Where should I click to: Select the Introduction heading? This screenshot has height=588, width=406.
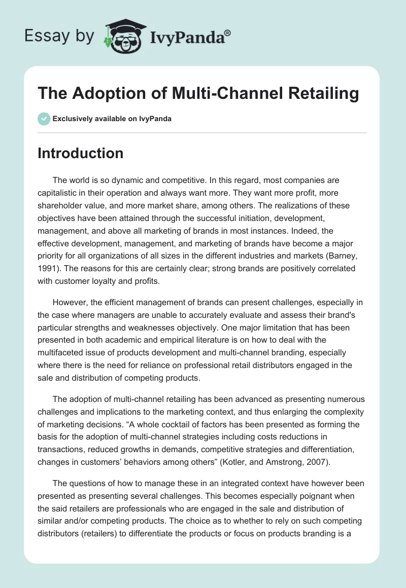click(x=80, y=153)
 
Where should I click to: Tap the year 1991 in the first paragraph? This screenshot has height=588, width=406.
click(x=48, y=268)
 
